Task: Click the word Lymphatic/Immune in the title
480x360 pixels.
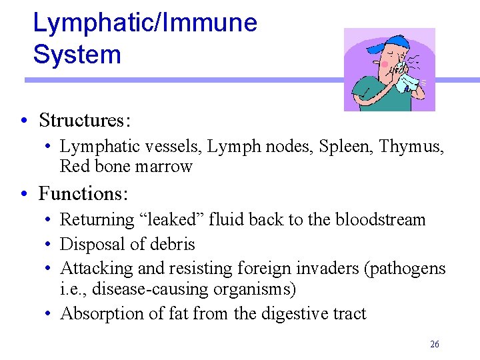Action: point(145,23)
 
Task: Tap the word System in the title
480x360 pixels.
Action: point(77,55)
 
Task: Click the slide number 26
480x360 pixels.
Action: point(435,344)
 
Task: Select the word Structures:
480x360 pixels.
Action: point(85,121)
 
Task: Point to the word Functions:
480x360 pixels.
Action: point(83,194)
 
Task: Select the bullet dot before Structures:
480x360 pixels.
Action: point(23,121)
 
